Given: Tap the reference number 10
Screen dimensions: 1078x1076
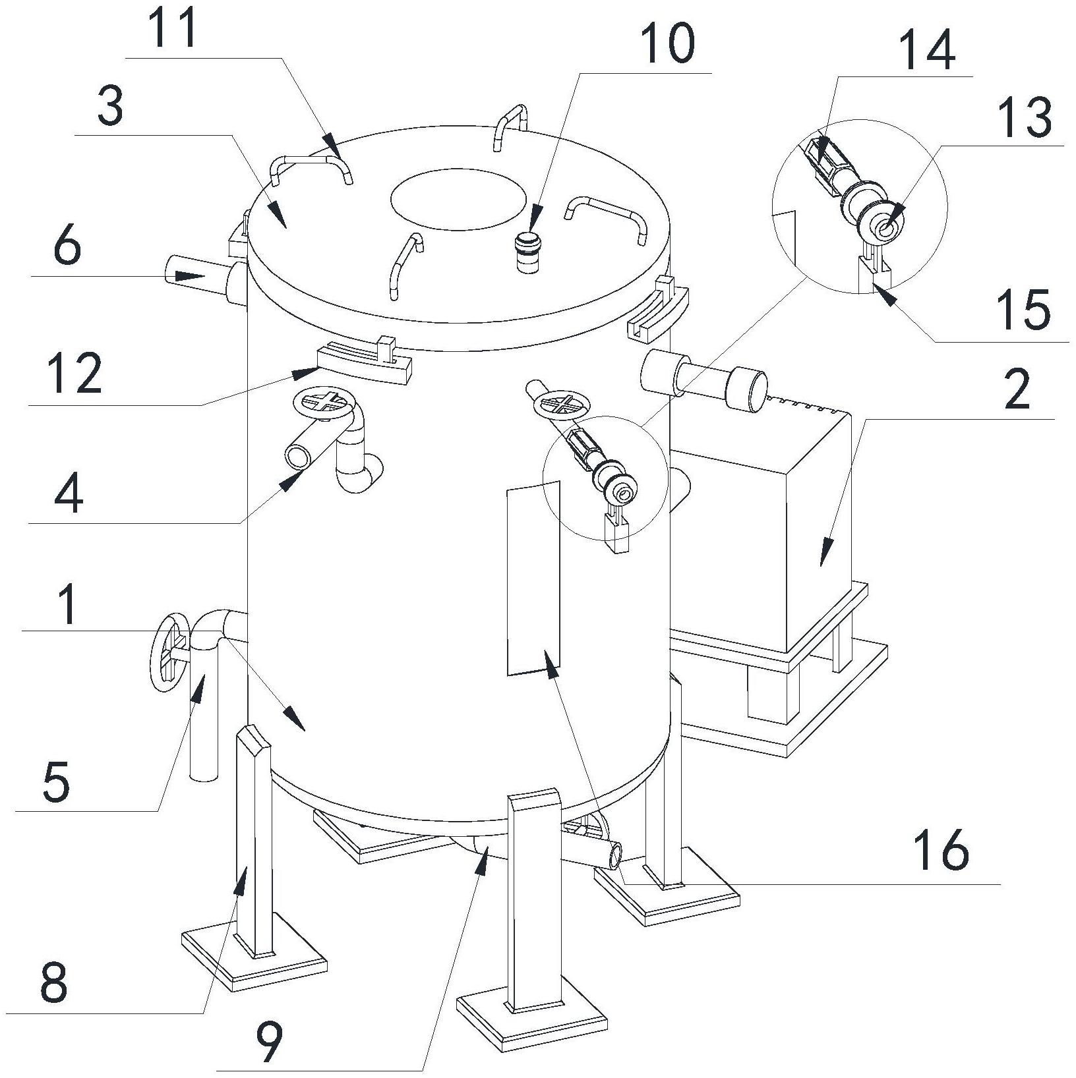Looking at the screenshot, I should click(667, 43).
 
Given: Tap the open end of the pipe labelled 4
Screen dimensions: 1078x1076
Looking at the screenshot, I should click(298, 455).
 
